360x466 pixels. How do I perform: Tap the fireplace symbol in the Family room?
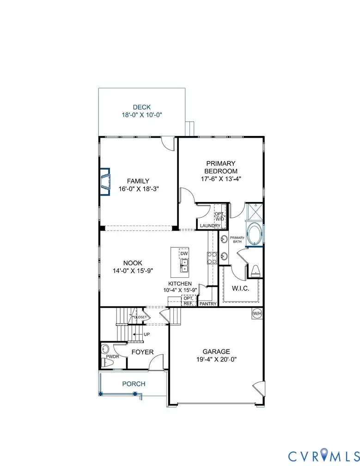[106, 182]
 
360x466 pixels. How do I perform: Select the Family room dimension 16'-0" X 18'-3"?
[139, 189]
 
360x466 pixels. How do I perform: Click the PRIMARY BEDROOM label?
[221, 167]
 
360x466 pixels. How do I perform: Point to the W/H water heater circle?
[256, 314]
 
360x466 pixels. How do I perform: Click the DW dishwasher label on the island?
[184, 254]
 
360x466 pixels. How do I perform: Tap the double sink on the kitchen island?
[184, 265]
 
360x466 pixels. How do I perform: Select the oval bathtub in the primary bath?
[254, 233]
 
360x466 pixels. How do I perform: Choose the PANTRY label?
[207, 304]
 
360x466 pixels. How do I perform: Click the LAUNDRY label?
[210, 226]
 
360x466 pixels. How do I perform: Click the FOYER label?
[142, 352]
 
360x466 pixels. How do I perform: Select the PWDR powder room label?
[113, 357]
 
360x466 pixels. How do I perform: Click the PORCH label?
[134, 384]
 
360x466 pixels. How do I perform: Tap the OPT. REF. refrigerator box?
[188, 301]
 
